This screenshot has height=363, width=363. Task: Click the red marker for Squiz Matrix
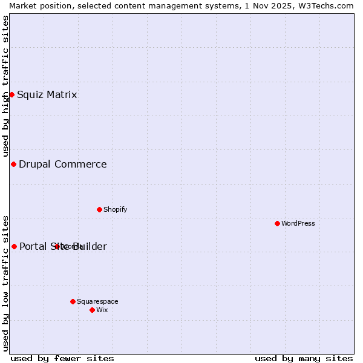tap(11, 94)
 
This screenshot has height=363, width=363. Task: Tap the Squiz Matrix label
tap(47, 94)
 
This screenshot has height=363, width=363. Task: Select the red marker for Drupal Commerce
tap(13, 164)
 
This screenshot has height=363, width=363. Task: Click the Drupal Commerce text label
tap(63, 164)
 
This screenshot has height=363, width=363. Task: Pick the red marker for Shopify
tap(99, 209)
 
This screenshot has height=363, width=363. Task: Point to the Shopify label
tap(116, 209)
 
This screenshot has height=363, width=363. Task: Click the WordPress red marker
tap(277, 223)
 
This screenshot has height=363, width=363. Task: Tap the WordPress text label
tap(298, 223)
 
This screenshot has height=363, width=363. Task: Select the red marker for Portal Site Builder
tap(14, 246)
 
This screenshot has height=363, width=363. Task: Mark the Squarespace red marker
tap(73, 301)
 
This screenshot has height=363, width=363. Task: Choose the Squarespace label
tap(97, 301)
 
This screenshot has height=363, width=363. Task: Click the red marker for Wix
tap(92, 310)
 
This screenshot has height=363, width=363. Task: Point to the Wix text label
tap(102, 310)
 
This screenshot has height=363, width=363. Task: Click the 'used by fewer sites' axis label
tap(62, 358)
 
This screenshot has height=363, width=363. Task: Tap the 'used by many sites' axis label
tap(304, 358)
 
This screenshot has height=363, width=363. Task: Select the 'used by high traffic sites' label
tap(5, 87)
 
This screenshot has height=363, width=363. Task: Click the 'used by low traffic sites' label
tap(5, 283)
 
